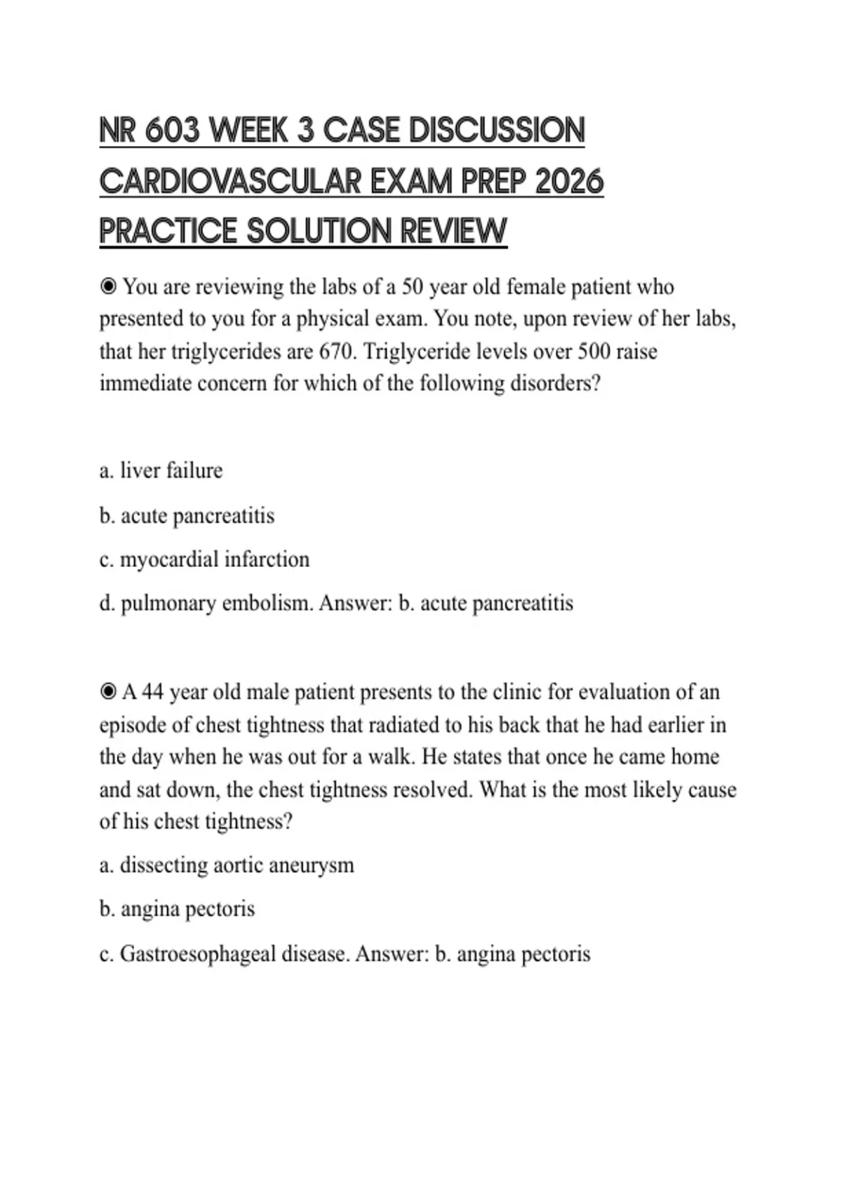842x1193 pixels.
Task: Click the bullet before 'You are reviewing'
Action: click(108, 287)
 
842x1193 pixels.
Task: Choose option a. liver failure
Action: click(161, 471)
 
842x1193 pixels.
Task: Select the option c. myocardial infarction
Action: click(204, 559)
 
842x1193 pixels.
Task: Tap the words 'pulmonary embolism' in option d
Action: click(216, 604)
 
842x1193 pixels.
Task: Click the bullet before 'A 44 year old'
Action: click(108, 693)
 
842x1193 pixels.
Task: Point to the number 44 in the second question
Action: click(153, 693)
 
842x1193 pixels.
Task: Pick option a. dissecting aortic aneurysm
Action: click(227, 865)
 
